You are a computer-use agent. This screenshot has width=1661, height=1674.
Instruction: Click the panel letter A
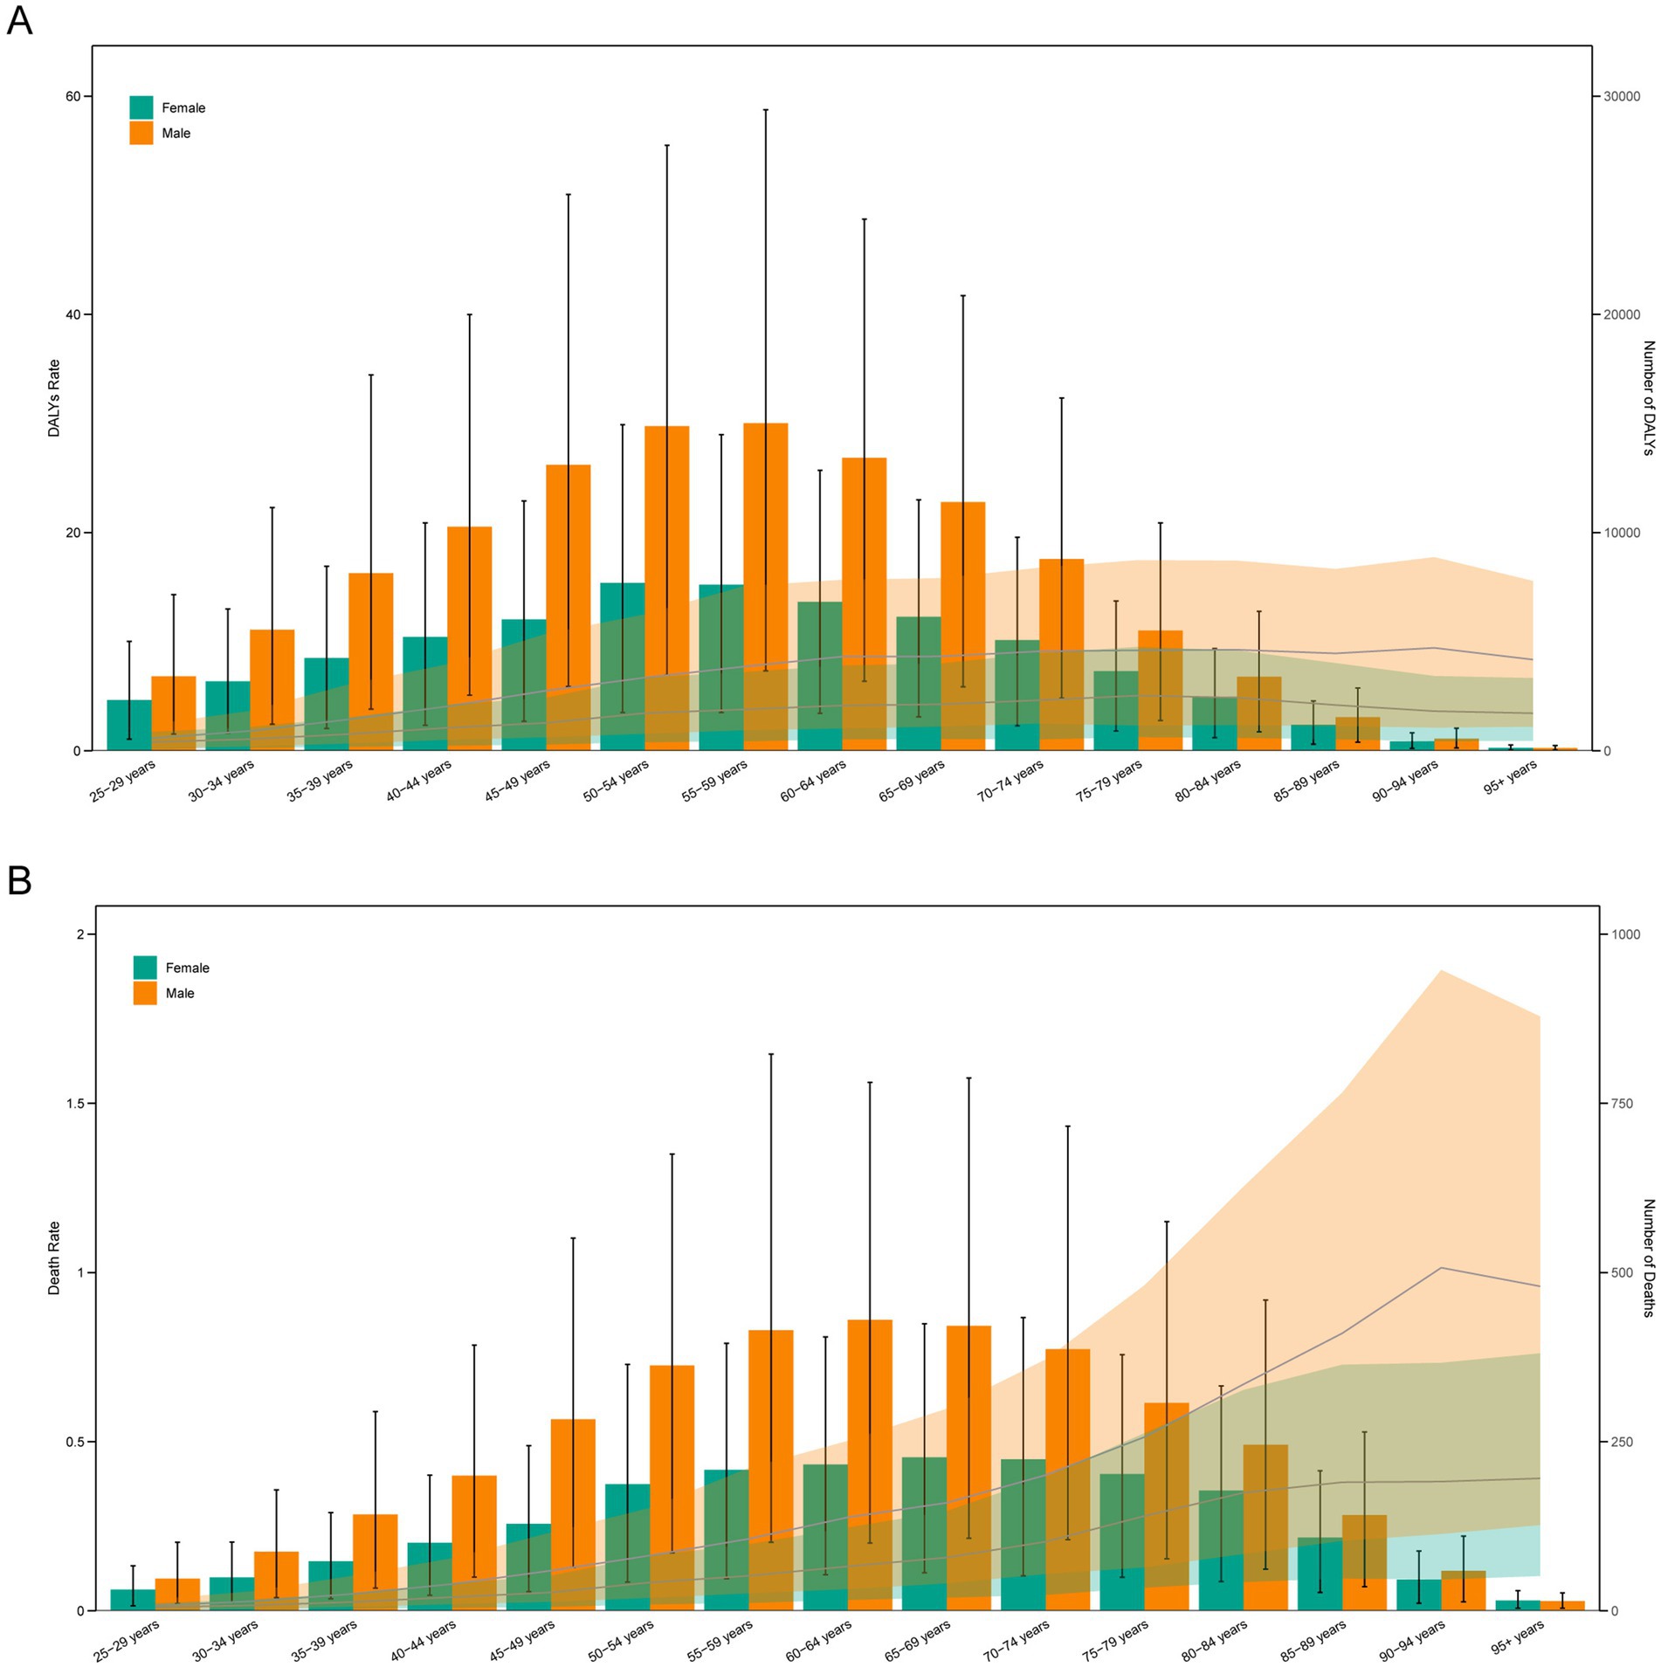click(x=19, y=19)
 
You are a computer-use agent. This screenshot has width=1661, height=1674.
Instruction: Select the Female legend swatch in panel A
click(x=141, y=107)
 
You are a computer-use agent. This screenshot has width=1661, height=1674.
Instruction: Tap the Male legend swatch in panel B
click(x=145, y=993)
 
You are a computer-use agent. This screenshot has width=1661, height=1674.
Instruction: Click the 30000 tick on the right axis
click(x=1621, y=96)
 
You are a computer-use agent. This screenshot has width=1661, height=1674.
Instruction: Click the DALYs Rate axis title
click(x=54, y=398)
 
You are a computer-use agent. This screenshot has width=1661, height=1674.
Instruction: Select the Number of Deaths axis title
click(x=1648, y=1257)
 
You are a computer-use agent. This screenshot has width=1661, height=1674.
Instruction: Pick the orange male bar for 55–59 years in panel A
click(x=765, y=585)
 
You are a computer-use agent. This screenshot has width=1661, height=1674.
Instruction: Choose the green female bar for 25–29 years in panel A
click(x=128, y=725)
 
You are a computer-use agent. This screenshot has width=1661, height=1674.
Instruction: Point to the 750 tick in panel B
click(x=1621, y=1103)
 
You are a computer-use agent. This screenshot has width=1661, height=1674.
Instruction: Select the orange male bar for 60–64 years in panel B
click(x=870, y=1467)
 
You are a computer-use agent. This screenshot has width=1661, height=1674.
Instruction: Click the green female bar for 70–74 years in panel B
click(x=1023, y=1537)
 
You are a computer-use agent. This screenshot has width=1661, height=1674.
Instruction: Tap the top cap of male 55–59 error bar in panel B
click(x=771, y=1054)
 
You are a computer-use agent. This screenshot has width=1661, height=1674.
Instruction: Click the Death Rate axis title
click(x=54, y=1257)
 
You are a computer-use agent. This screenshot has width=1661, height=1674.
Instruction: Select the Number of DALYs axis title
click(x=1648, y=398)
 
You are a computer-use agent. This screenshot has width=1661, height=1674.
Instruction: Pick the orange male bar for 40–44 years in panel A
click(x=469, y=637)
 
